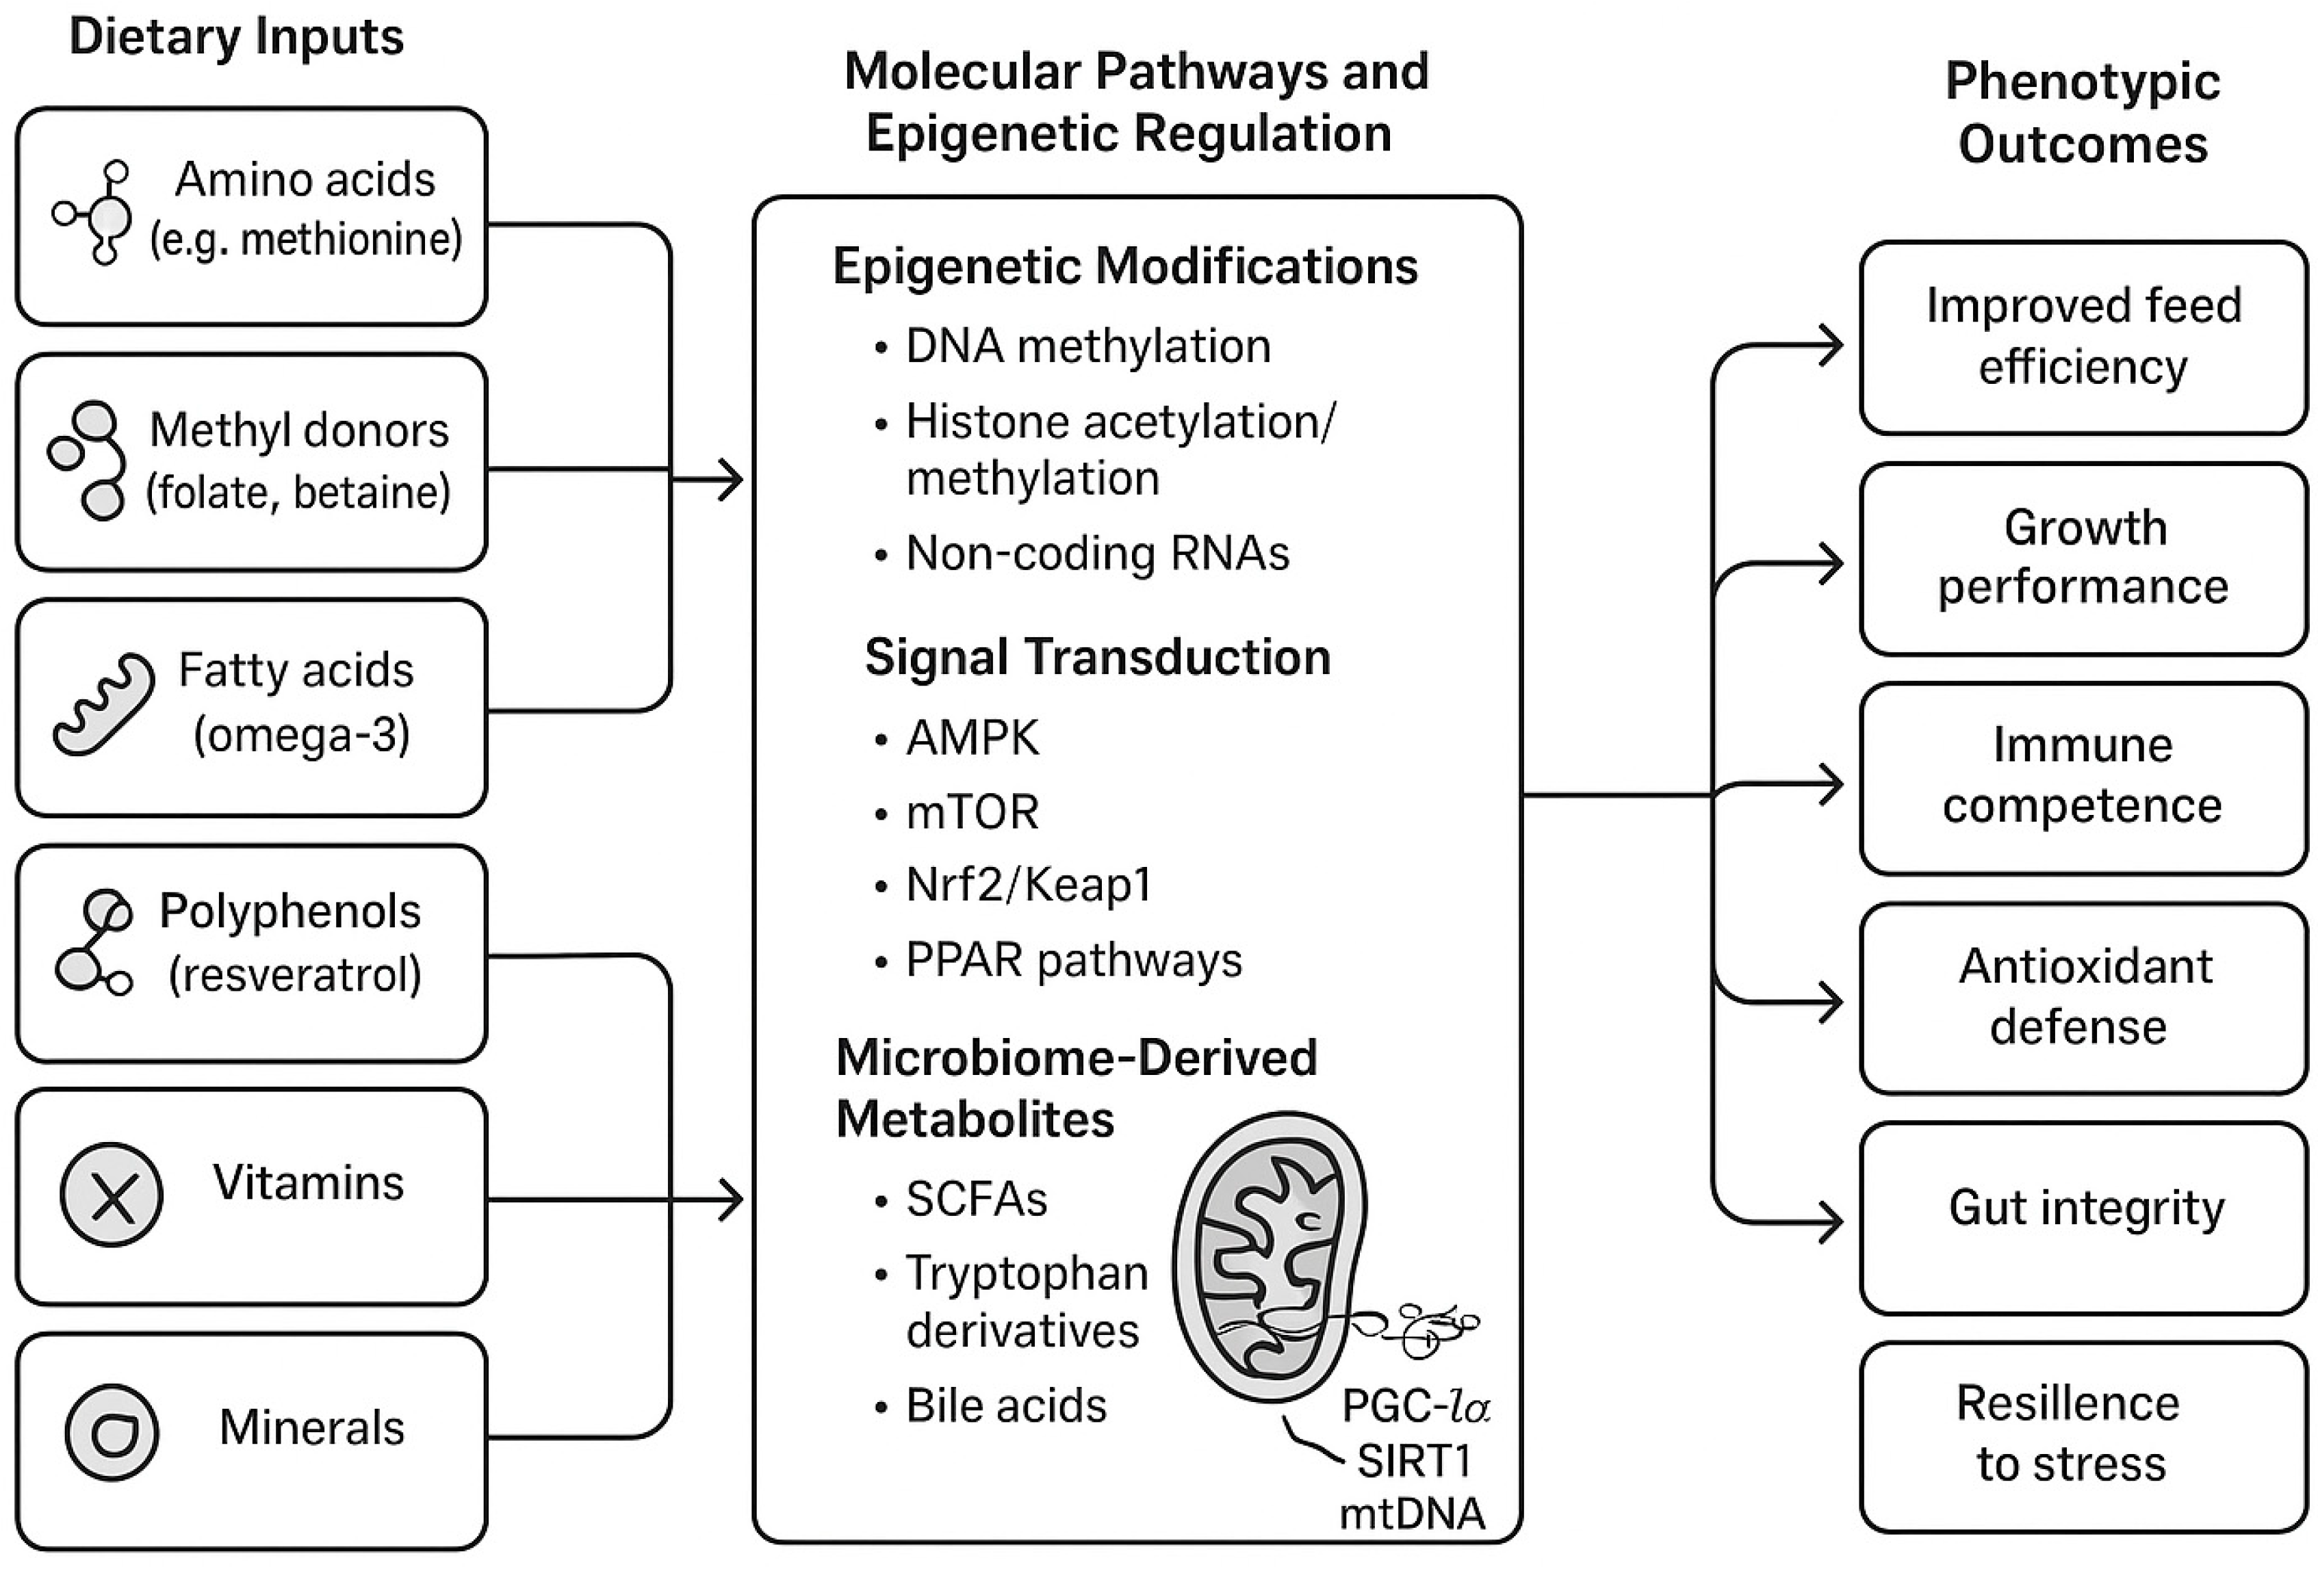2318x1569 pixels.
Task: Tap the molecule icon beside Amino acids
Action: pos(93,212)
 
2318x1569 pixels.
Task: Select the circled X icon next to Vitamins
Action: pos(112,1195)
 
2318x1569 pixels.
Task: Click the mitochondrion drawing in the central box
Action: pos(1271,1257)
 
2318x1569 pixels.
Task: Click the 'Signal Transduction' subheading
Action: pos(1097,658)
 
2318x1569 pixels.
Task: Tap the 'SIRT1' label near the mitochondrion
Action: pos(1415,1462)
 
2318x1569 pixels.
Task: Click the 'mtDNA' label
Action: pos(1411,1513)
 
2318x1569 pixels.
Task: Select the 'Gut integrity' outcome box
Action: pos(2084,1218)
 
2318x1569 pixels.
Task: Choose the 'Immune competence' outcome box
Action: pos(2084,778)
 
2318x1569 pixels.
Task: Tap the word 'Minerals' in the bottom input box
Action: pos(311,1427)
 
